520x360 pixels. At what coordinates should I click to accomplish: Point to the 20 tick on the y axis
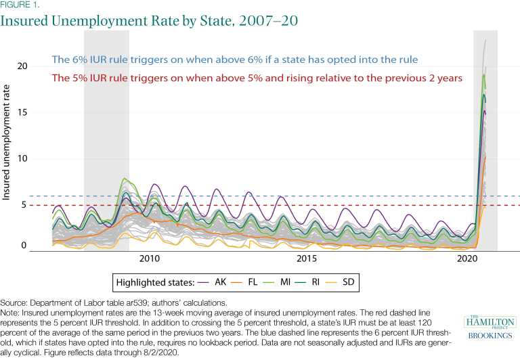pos(24,66)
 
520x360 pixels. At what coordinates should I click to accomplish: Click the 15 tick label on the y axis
pos(24,112)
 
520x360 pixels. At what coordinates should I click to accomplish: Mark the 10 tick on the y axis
pos(24,158)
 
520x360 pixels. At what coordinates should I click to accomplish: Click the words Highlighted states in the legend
pos(160,281)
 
